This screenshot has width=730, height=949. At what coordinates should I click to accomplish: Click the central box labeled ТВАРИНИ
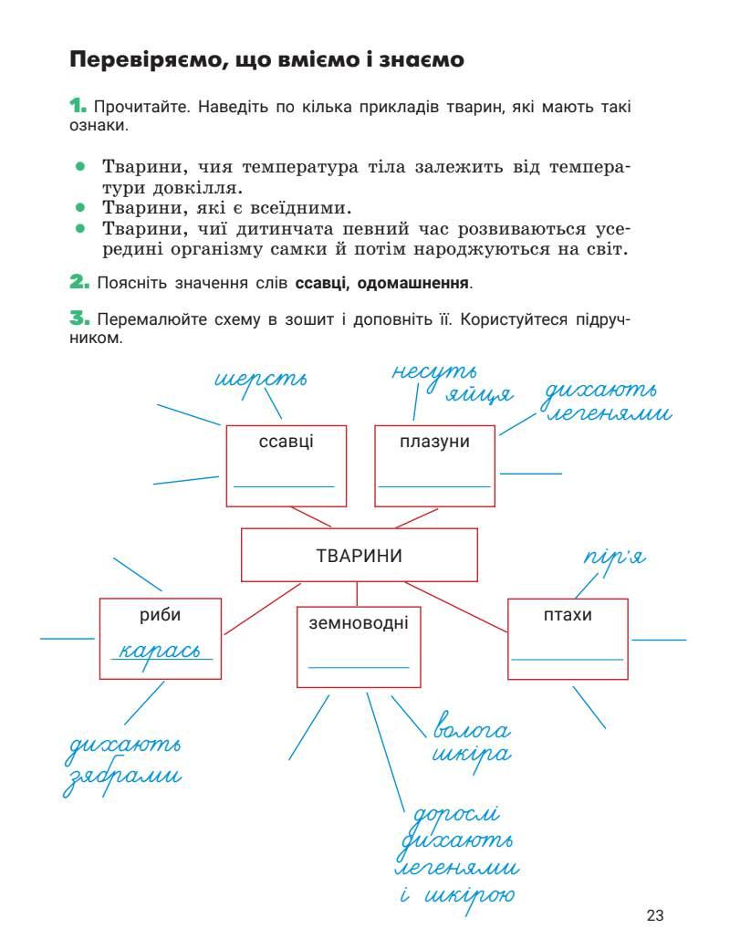(359, 555)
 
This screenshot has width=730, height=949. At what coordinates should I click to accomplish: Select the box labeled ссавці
(287, 465)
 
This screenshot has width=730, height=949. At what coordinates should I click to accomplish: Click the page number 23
(654, 915)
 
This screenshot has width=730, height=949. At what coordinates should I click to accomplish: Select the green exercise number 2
(78, 283)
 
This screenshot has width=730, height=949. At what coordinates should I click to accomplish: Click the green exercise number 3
(78, 319)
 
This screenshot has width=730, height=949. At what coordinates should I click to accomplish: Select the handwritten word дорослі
(456, 813)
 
